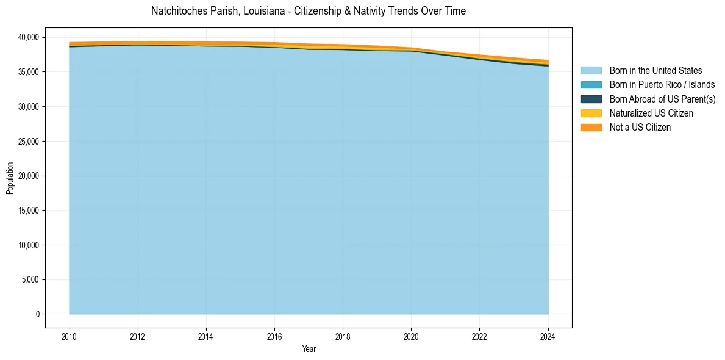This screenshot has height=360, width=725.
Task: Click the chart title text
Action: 308,11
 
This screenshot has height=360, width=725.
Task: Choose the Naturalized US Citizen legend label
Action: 651,113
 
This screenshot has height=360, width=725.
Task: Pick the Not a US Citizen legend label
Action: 640,128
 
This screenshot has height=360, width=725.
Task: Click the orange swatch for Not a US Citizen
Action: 591,128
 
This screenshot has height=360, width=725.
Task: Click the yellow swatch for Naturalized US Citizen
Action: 591,113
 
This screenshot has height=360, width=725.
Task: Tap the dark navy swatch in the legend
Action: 591,99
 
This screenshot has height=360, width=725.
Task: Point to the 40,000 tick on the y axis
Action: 27,37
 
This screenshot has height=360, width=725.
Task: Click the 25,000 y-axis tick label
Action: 27,142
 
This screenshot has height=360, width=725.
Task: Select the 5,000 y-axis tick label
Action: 29,280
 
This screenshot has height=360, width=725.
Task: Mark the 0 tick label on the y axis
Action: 37,314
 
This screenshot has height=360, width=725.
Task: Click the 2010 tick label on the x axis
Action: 70,336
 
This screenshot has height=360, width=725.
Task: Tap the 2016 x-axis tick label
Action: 274,336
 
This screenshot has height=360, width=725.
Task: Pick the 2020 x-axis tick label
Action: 411,336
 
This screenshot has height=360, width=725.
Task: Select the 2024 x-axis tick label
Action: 548,336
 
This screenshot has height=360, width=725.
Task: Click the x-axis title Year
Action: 309,349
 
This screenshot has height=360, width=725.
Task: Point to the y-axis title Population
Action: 10,178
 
